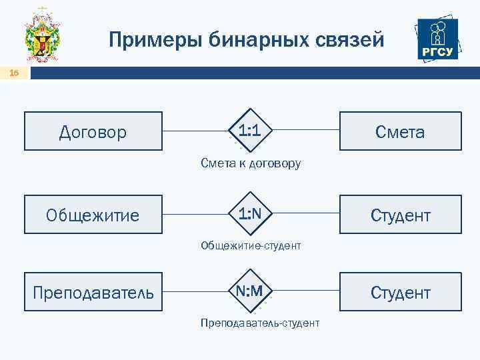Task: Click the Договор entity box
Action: point(93,131)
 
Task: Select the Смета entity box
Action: point(399,131)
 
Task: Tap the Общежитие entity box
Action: point(93,215)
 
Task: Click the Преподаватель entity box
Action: point(93,292)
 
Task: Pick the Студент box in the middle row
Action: point(399,215)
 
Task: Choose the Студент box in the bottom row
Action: point(399,292)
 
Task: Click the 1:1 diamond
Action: point(249,130)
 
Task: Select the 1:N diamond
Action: point(249,213)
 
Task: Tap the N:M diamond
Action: point(249,291)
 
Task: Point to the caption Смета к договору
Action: point(251,163)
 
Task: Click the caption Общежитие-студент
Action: point(251,246)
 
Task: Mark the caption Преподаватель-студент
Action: point(259,323)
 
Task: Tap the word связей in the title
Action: point(351,41)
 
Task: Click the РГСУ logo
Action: point(437,39)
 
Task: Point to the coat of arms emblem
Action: point(43,37)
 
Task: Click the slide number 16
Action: point(14,73)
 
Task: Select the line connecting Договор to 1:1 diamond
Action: point(196,130)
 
